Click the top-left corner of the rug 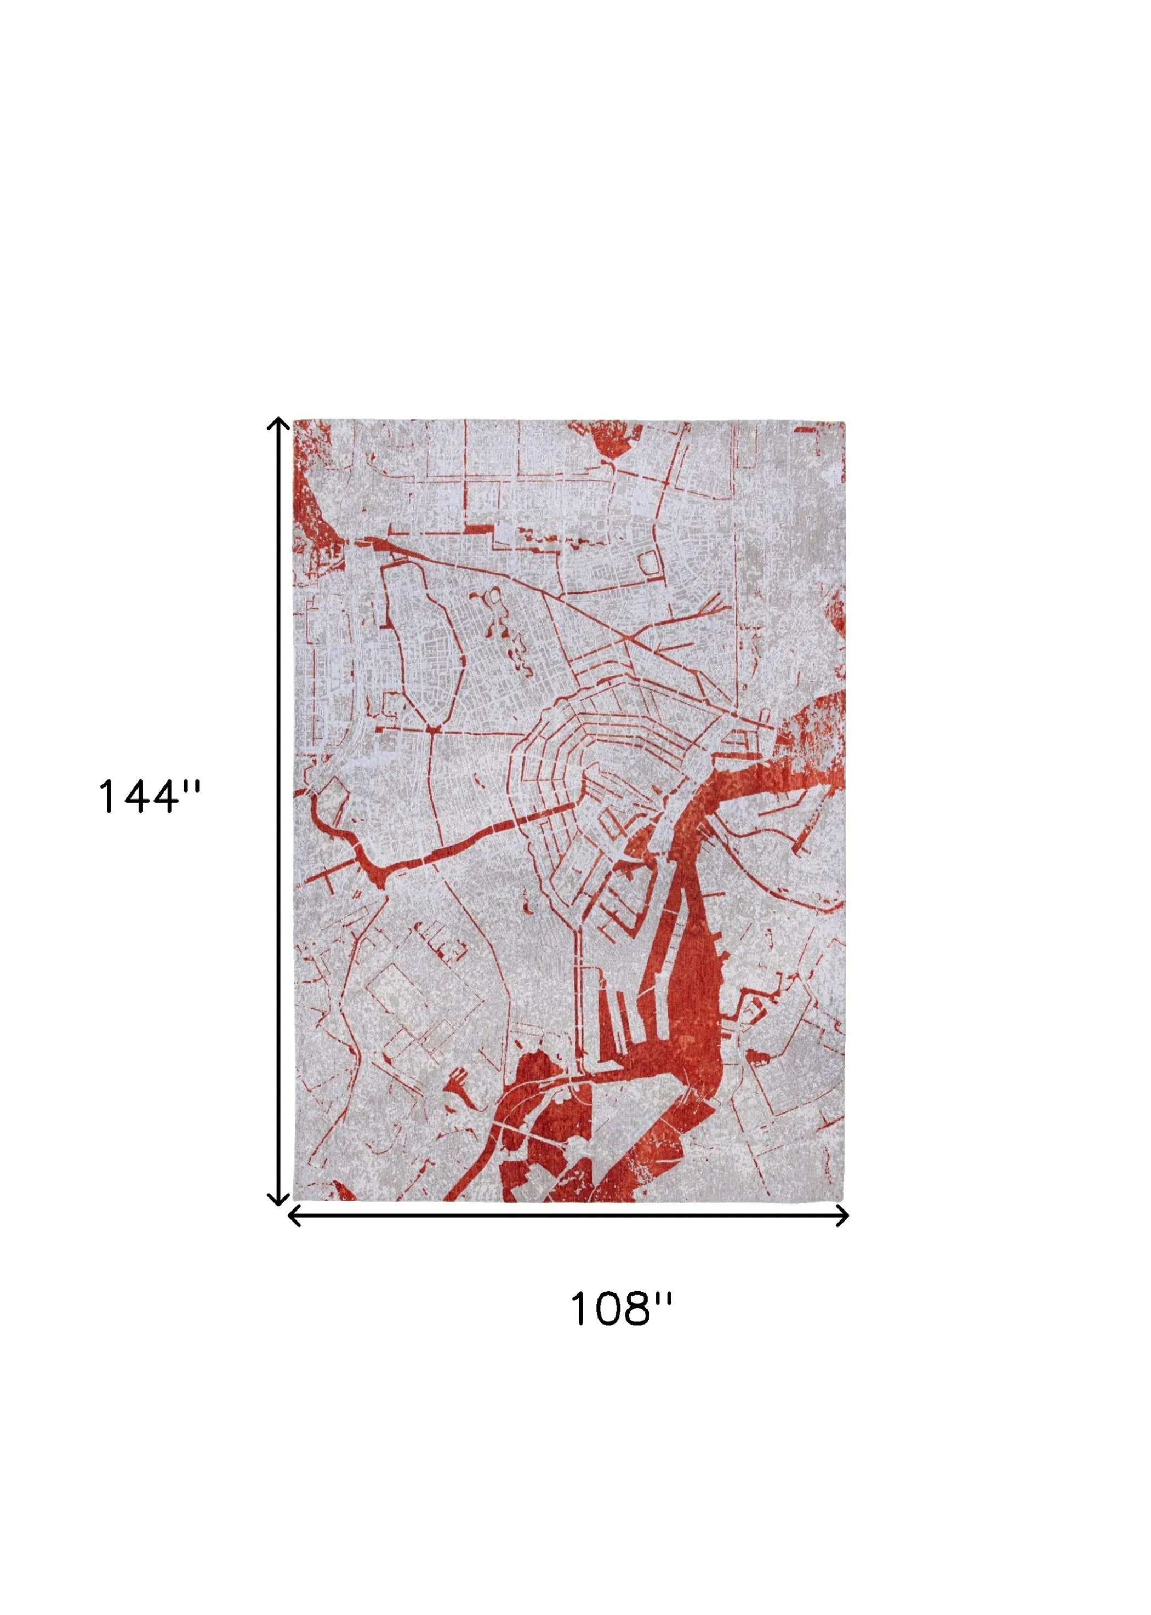coord(294,420)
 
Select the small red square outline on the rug coord(648,563)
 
